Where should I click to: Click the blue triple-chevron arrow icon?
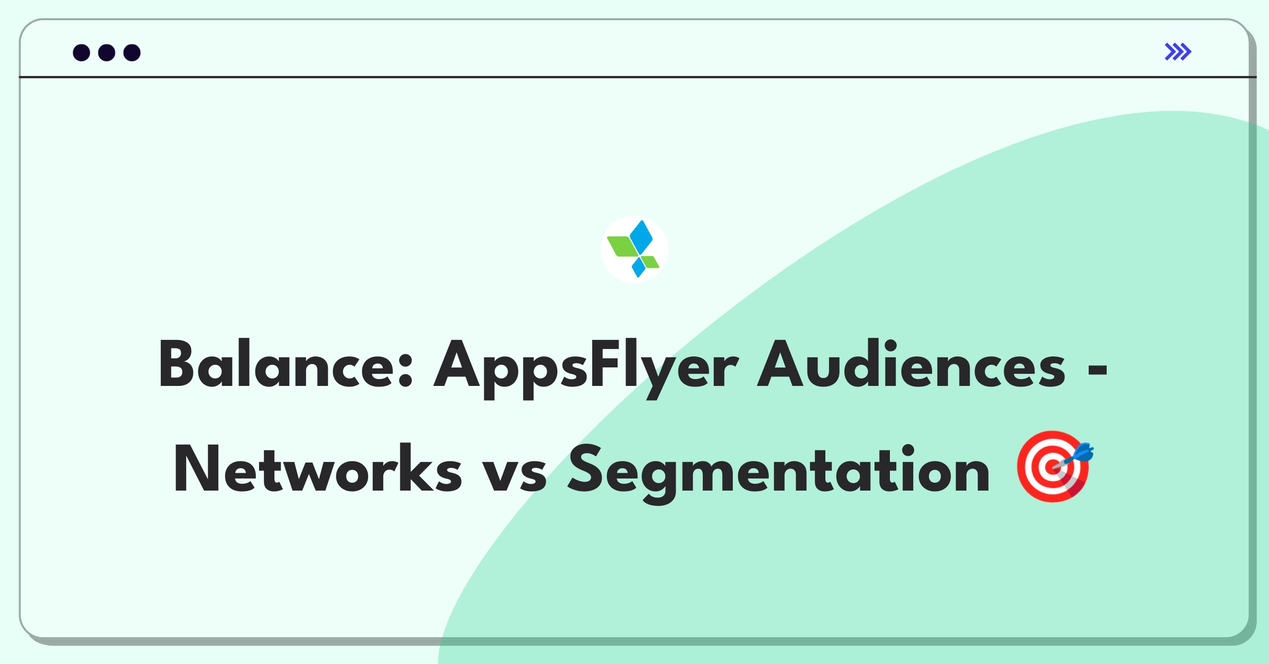1178,52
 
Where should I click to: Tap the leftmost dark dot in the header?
81,52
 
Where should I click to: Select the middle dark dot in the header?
107,52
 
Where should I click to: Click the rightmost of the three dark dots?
132,52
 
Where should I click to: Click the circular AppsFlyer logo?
634,249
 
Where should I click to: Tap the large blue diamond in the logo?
641,237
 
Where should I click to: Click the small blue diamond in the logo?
639,266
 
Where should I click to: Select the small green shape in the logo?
651,262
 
